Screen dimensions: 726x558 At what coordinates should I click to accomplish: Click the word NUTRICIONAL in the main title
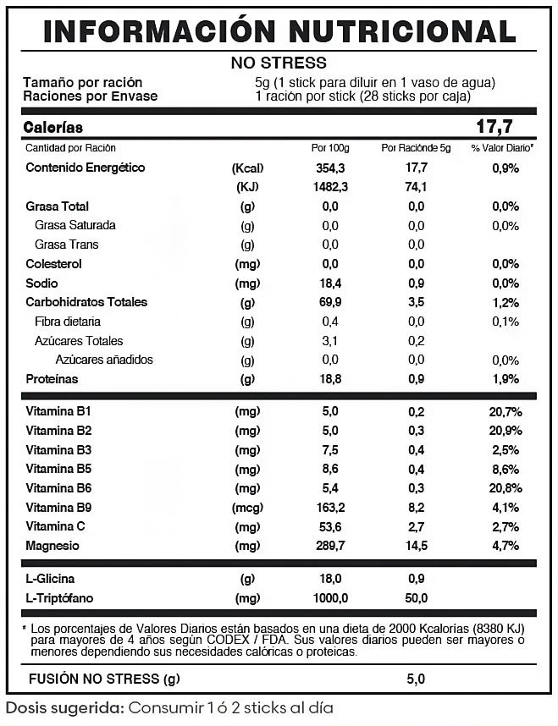[402, 30]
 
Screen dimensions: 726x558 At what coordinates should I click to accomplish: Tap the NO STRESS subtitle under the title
[279, 63]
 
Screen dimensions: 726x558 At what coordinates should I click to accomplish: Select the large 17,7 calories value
[495, 127]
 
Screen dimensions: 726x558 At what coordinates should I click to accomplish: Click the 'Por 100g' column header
[330, 148]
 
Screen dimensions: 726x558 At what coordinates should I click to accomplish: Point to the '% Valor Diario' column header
[502, 148]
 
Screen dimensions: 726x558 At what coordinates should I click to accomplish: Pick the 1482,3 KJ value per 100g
[330, 187]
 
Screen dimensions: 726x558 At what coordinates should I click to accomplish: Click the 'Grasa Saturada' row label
[75, 225]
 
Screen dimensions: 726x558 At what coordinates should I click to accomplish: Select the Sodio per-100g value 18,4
[330, 283]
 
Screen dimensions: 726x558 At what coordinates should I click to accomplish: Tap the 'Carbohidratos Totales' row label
[86, 302]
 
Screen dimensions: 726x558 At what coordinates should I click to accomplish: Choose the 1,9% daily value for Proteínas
[505, 379]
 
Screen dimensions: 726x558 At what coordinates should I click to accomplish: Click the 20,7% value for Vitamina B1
[505, 411]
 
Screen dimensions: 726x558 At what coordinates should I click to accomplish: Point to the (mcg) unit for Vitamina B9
[247, 508]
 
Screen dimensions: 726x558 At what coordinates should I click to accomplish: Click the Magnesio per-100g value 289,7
[330, 546]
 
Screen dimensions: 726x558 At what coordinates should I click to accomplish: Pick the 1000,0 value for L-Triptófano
[330, 598]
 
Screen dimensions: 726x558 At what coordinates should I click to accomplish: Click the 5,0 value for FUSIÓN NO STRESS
[416, 679]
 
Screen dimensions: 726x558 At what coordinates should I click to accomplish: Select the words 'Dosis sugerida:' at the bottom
[64, 707]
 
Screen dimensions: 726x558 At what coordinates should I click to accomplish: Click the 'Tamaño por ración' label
[82, 82]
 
